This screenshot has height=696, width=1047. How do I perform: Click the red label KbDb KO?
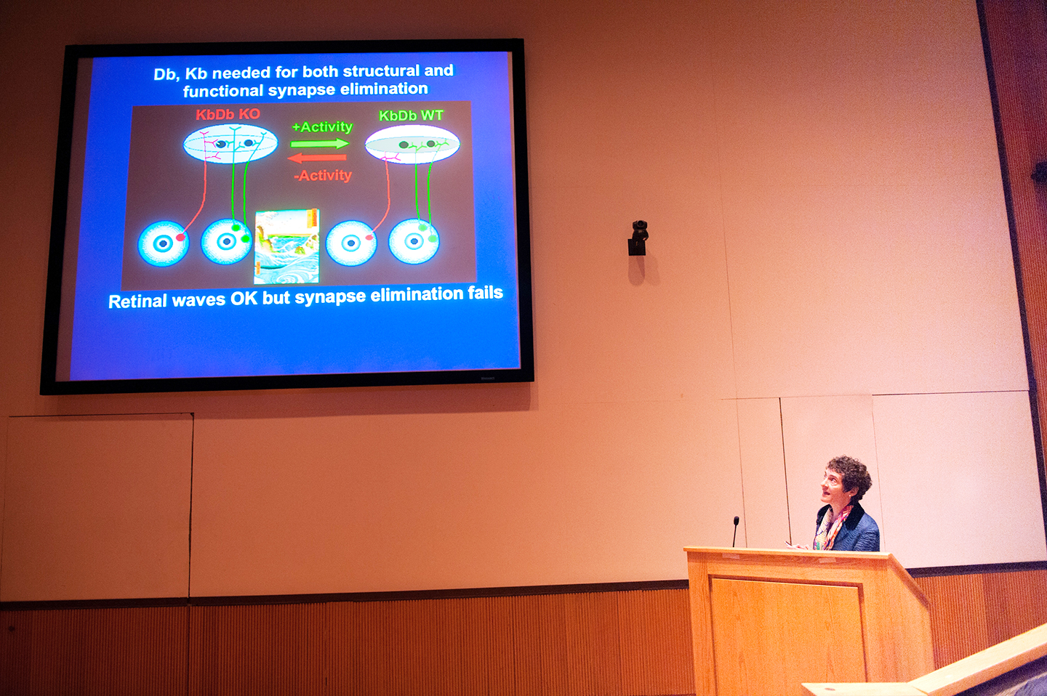coord(228,115)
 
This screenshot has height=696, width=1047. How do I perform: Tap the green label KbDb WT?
coord(411,116)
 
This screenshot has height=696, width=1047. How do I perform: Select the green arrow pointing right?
coord(320,144)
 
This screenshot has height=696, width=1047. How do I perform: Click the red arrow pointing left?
coord(317,158)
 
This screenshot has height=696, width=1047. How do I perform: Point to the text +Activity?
coord(322,126)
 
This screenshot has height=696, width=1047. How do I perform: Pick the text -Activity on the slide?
coord(323,176)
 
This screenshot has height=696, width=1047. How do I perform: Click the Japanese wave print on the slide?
coord(286,246)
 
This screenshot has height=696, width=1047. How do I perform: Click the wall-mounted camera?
coord(638,238)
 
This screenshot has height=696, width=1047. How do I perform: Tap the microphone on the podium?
coord(735,532)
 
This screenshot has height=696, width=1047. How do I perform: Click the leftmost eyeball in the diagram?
coord(163,243)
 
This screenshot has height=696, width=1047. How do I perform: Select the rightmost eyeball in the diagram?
coord(414,241)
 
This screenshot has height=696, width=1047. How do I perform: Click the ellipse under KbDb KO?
coord(230,145)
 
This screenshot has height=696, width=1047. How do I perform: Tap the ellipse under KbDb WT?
coord(412,145)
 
